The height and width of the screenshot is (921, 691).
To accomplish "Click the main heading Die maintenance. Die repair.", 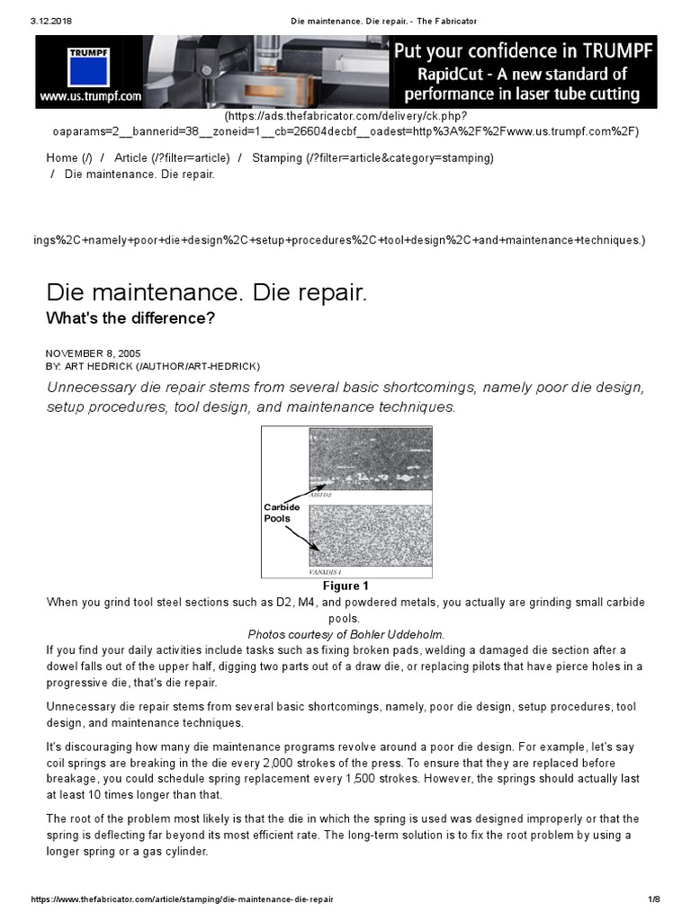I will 207,293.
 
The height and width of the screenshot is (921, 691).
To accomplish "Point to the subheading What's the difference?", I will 130,318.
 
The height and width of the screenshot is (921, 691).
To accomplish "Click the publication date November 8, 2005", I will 93,353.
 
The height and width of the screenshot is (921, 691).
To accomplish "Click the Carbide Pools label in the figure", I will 282,513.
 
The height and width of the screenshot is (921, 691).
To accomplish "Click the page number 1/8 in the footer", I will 654,899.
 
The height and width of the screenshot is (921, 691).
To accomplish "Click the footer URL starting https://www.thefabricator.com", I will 181,899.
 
